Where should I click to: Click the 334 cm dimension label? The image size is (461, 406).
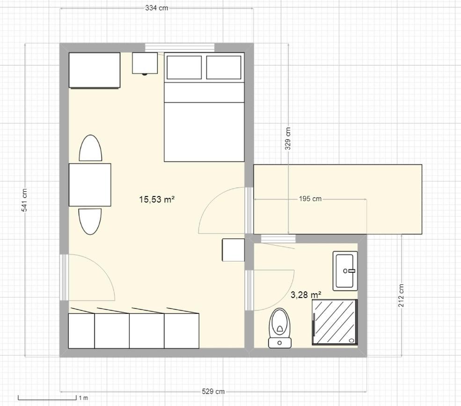click(x=157, y=8)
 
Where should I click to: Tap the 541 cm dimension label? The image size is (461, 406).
click(x=24, y=200)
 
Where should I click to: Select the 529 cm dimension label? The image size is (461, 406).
click(x=213, y=391)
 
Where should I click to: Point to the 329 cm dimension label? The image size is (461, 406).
click(x=288, y=138)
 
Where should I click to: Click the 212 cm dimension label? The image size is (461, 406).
click(x=401, y=295)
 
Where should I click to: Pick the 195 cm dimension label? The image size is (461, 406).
click(x=310, y=199)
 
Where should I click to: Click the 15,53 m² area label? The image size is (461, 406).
click(x=157, y=199)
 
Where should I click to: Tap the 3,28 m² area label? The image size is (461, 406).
click(x=306, y=295)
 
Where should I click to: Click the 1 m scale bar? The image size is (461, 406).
click(x=47, y=398)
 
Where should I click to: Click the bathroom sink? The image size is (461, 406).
click(x=345, y=271)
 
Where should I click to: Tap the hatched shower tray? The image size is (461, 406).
click(x=335, y=322)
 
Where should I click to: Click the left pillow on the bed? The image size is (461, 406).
click(x=184, y=67)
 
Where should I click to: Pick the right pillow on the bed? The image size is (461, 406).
click(x=224, y=67)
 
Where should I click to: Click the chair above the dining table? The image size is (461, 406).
click(x=90, y=148)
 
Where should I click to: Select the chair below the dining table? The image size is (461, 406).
click(x=90, y=222)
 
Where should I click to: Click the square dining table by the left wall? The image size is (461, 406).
click(x=90, y=185)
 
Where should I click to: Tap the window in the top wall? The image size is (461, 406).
click(x=180, y=48)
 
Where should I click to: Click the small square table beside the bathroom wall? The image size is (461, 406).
click(x=234, y=250)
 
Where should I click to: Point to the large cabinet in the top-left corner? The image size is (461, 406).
click(x=95, y=70)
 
